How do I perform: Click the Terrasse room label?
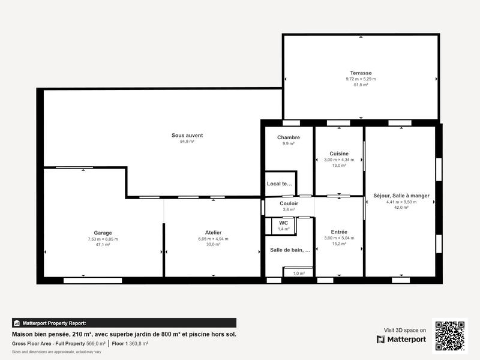pos(361,73)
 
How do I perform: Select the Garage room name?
pos(103,233)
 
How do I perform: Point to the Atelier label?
pos(213,232)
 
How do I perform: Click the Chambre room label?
pos(289,137)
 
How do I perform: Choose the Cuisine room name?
pos(339,154)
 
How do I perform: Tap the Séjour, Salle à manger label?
pos(401,196)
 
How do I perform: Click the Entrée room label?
pos(339,232)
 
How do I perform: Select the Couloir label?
pos(289,203)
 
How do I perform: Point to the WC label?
pos(283,223)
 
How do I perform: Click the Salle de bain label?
pos(290,250)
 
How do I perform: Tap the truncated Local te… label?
pos(279,184)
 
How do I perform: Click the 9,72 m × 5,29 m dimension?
pos(361,79)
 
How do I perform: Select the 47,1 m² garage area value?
pos(103,245)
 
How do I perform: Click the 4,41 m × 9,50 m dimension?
pos(401,202)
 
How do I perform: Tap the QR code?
pos(450,335)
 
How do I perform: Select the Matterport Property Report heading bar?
pos(124,323)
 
